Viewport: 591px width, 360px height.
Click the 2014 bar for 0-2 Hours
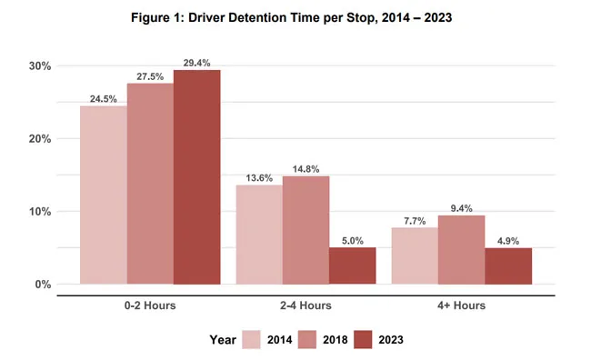[103, 195]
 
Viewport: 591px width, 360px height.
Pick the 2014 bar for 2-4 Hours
[258, 235]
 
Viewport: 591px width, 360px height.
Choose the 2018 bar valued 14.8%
[306, 230]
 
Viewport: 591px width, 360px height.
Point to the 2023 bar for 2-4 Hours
[352, 265]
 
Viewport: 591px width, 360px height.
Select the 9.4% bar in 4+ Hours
[461, 250]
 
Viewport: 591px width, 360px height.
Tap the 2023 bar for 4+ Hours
[507, 265]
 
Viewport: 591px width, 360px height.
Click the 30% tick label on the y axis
[39, 66]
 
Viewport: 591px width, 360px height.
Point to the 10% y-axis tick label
[39, 212]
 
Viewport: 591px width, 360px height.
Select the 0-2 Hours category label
[149, 305]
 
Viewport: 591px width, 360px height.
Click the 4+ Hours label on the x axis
[461, 305]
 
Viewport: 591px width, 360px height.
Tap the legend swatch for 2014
[252, 339]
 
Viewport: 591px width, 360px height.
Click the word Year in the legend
[222, 339]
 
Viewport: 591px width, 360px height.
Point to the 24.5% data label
[103, 99]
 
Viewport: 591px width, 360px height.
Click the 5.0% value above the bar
[352, 241]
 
